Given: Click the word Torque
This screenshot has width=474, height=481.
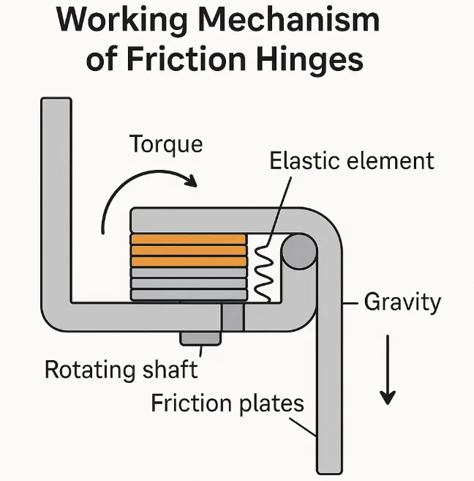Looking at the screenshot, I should [x=166, y=144].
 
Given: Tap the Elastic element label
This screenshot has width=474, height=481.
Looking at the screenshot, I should [x=352, y=160].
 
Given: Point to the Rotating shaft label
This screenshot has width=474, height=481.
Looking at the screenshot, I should [x=121, y=369].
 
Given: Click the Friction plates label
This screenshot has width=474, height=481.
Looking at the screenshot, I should [x=227, y=403].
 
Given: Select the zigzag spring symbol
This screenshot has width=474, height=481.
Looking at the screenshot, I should [x=263, y=271].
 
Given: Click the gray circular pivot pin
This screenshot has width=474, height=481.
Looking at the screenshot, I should [x=298, y=252].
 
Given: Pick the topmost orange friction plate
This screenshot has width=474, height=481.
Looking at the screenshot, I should [x=188, y=239].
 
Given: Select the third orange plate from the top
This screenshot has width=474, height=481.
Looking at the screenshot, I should [x=188, y=261].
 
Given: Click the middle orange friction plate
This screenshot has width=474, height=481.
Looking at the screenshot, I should [x=188, y=250].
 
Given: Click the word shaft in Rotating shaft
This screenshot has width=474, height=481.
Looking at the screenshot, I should [x=169, y=369].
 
